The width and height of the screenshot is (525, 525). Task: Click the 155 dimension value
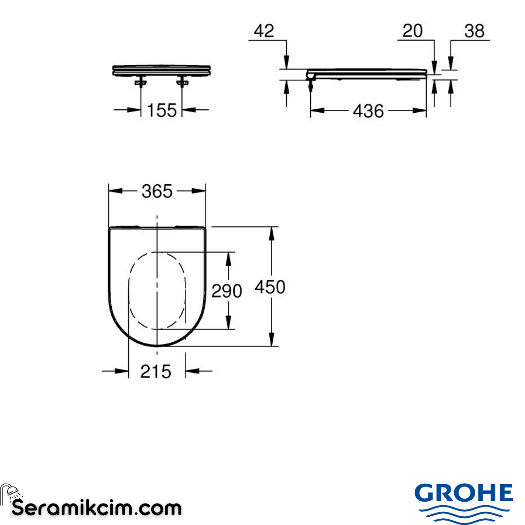tap(161, 110)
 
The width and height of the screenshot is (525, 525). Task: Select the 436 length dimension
tap(368, 111)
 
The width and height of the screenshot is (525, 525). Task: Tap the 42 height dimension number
tap(264, 31)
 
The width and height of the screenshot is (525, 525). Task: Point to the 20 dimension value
tap(412, 31)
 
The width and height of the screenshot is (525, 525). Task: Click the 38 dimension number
tap(474, 31)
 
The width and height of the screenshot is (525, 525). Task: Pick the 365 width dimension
tap(157, 192)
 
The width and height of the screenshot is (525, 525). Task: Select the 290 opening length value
tap(227, 291)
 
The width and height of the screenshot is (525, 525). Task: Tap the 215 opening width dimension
tap(156, 372)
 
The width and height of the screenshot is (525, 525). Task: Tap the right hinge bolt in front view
tap(182, 83)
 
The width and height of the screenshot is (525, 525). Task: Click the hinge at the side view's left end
tap(311, 78)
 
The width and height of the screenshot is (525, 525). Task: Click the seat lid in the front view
tap(161, 70)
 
